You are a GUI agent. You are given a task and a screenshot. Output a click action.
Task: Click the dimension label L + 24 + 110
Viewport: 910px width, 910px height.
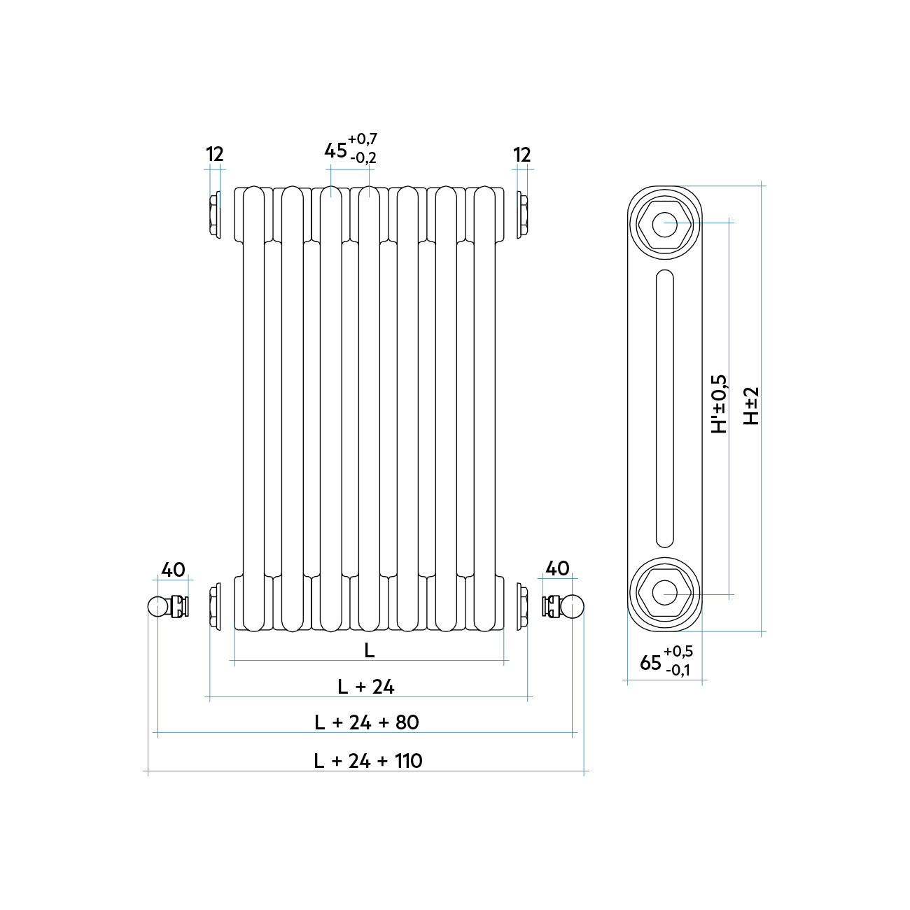368,761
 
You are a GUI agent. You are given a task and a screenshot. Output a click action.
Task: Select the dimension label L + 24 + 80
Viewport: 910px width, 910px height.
367,722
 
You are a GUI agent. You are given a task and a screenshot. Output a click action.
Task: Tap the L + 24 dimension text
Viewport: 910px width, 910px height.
366,687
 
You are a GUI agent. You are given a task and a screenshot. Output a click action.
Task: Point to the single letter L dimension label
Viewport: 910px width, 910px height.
370,650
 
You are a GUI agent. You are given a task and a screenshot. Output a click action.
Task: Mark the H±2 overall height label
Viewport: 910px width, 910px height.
751,406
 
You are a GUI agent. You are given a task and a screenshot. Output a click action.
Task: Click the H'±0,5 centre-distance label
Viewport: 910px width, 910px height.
719,404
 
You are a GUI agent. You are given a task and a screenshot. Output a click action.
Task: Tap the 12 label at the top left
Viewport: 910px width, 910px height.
214,155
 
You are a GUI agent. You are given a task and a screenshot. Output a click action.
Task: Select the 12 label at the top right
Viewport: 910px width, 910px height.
521,155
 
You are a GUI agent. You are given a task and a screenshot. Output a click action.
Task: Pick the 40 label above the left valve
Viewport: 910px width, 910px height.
174,570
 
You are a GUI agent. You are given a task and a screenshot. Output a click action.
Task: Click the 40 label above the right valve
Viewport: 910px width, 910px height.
557,568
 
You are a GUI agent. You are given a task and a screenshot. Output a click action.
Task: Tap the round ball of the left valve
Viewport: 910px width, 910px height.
157,606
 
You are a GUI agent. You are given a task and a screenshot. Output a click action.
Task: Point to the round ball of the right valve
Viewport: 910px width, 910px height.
573,606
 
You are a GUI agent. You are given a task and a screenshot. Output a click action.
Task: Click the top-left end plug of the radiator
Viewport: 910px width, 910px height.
214,215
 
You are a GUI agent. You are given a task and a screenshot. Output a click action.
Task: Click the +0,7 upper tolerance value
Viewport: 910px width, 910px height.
363,139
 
